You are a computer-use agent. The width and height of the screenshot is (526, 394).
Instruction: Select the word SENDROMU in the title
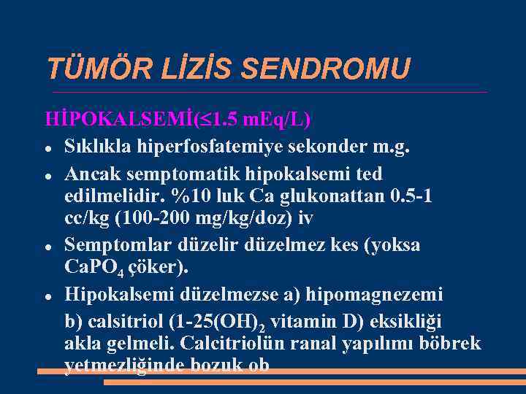click(x=325, y=69)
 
